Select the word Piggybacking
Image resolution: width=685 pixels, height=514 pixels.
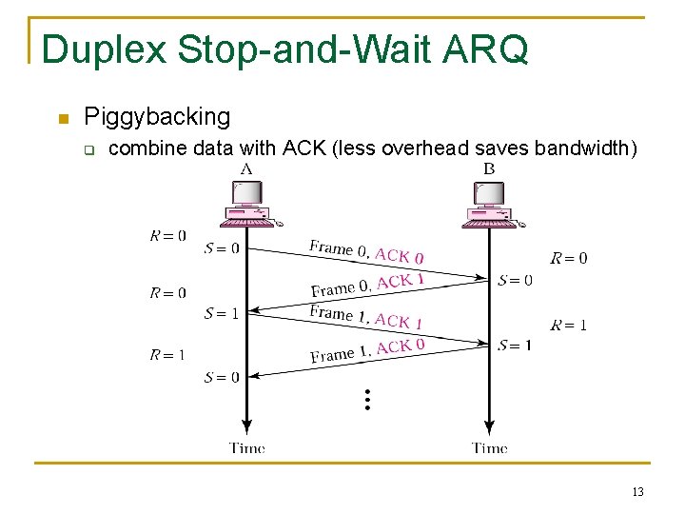(157, 117)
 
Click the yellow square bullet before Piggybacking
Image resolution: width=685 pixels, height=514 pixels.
(64, 119)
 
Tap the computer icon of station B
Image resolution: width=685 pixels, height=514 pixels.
(490, 205)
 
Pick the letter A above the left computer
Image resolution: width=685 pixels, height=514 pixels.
(246, 168)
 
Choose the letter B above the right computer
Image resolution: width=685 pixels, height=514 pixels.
(489, 168)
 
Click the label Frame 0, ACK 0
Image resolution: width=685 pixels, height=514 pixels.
(366, 252)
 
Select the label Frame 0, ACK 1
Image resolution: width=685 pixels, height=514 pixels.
(367, 285)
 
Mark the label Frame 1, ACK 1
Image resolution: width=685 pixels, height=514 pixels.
(366, 317)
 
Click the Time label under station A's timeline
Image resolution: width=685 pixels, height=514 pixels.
(246, 447)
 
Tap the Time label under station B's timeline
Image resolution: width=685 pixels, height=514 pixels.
(489, 447)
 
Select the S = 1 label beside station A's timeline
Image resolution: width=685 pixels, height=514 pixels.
(222, 313)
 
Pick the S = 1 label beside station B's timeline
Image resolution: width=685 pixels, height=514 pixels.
(515, 345)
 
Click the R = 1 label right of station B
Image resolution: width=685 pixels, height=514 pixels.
(568, 325)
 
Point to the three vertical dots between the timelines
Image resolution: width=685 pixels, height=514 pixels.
(366, 400)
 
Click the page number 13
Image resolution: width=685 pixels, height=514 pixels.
(637, 492)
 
